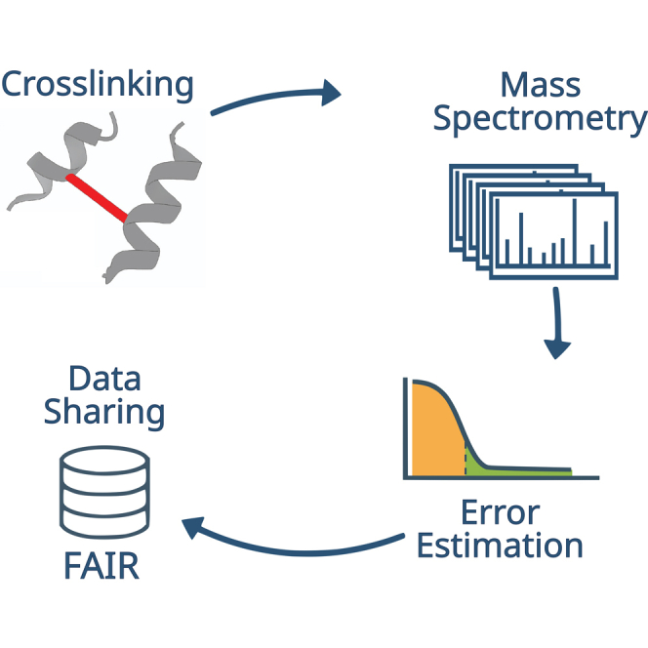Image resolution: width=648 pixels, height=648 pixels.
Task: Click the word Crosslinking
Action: click(x=98, y=84)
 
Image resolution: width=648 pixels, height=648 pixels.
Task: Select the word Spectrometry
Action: click(x=540, y=119)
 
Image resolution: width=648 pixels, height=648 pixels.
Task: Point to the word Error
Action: click(x=499, y=512)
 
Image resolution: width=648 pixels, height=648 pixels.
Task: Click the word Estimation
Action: click(x=499, y=545)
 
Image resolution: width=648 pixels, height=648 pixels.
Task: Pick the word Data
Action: click(x=104, y=379)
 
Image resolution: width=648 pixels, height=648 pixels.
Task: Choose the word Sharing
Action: click(x=104, y=412)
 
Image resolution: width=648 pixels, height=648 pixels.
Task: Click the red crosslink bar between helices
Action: click(x=98, y=198)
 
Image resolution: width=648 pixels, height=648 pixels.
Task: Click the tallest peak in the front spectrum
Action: click(x=574, y=229)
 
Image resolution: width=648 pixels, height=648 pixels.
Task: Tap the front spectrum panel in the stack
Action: click(x=556, y=234)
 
